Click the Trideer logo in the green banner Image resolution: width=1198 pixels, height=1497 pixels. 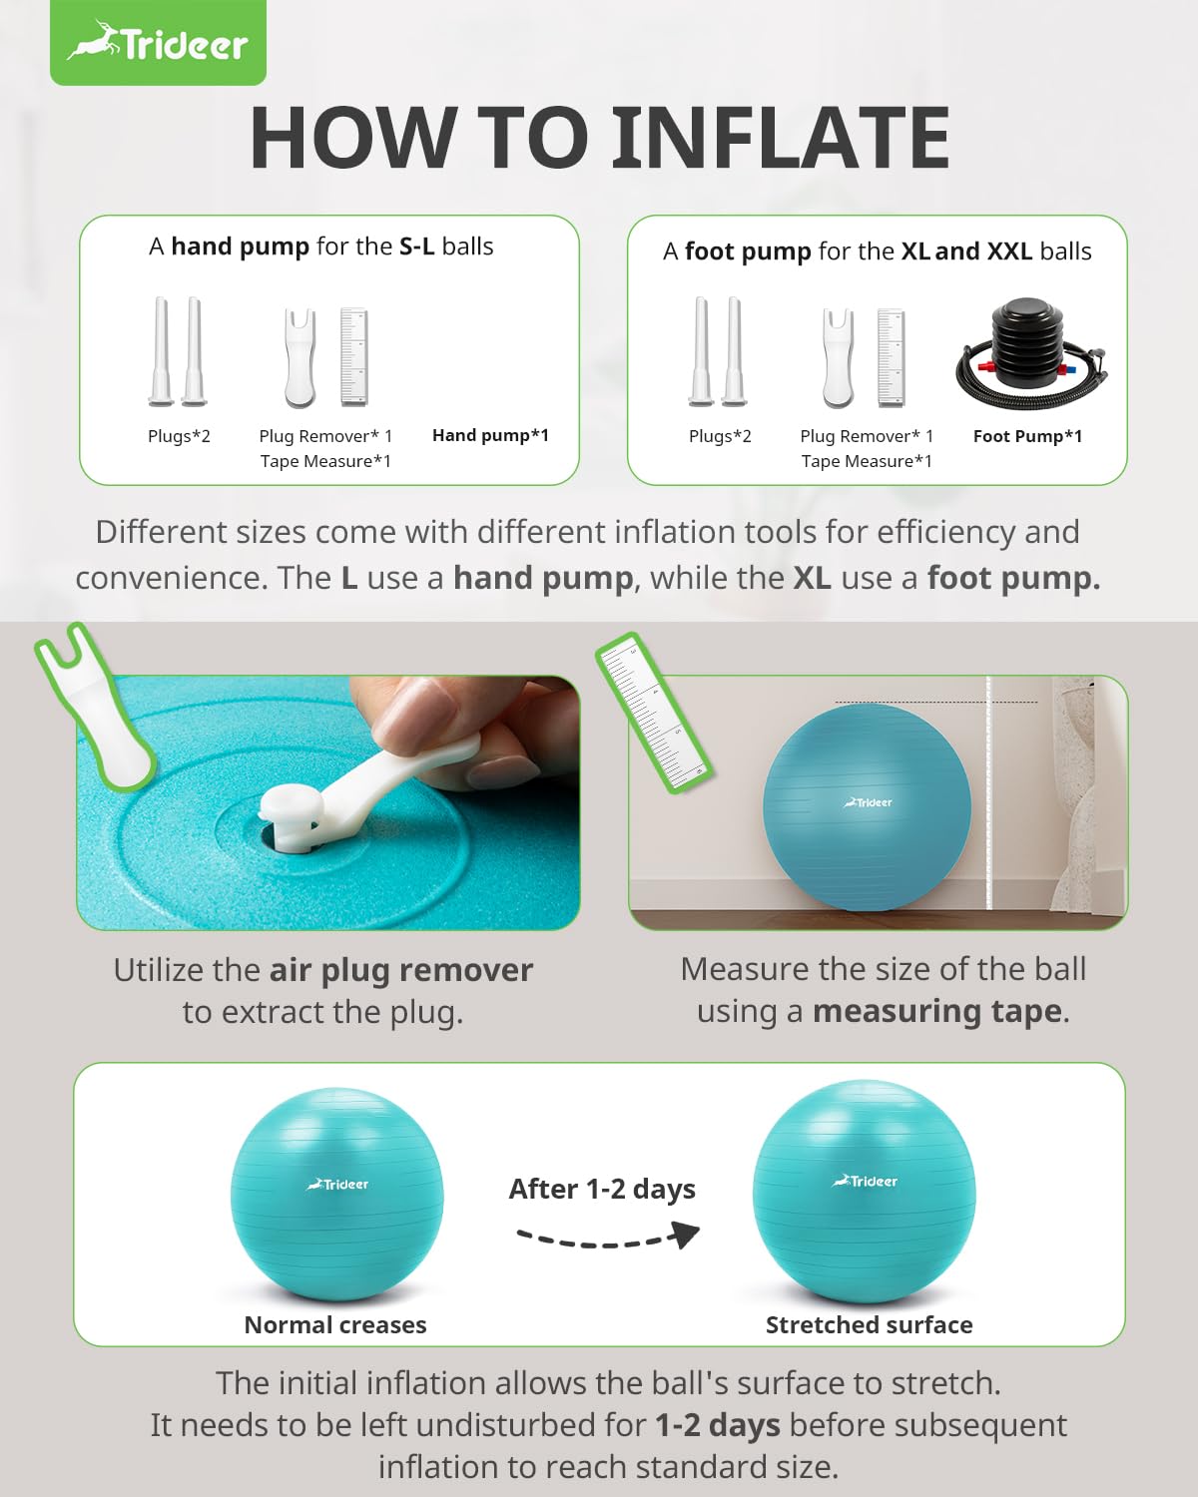pos(158,42)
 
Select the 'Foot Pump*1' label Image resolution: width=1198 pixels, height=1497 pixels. pos(1027,436)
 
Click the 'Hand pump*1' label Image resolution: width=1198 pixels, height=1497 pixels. pos(490,435)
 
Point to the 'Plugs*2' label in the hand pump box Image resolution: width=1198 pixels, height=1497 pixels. pos(179,436)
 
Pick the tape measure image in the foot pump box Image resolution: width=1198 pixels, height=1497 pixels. pos(892,357)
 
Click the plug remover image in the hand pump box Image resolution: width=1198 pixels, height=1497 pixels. pos(300,357)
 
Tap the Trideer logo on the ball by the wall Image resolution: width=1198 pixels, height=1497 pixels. pos(868,802)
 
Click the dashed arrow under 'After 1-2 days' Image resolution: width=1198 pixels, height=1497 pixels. pos(607,1239)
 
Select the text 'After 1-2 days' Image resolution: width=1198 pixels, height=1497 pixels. pos(602,1189)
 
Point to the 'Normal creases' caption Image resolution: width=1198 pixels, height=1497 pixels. pos(335,1324)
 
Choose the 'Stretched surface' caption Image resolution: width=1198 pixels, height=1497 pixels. pos(869,1324)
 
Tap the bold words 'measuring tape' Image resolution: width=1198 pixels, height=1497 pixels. pos(938,1011)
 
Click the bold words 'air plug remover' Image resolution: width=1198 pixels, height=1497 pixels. pos(401,971)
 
